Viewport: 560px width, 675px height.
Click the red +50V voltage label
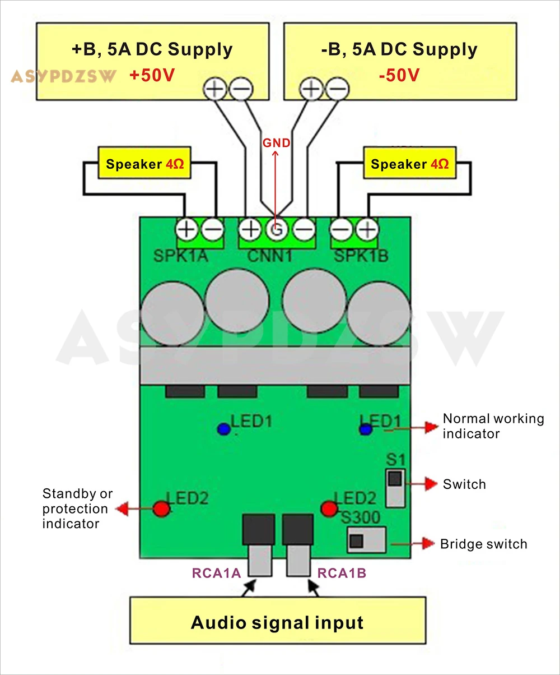(152, 75)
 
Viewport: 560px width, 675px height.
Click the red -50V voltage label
(399, 75)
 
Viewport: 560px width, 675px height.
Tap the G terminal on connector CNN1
(277, 229)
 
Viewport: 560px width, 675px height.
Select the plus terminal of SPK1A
(186, 229)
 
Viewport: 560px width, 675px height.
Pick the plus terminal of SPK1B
(367, 229)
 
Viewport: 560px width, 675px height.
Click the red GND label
(277, 143)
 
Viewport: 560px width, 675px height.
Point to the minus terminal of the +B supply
(241, 89)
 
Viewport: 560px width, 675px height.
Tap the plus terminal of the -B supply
(311, 89)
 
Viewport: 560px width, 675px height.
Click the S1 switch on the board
(395, 488)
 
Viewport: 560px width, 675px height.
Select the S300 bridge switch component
(367, 540)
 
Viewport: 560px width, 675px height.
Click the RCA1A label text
(216, 573)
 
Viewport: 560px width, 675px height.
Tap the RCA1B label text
(342, 573)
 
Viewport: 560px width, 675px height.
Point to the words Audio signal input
(277, 623)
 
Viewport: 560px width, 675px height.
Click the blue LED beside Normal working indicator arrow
(366, 429)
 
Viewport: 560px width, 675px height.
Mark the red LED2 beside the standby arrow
(161, 509)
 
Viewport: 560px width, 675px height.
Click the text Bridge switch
(484, 544)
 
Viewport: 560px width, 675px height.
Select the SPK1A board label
(180, 256)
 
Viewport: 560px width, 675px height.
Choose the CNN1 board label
(270, 256)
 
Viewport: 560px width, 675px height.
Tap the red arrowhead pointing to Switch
(431, 484)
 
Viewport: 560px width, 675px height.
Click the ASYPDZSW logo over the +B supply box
(63, 76)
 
